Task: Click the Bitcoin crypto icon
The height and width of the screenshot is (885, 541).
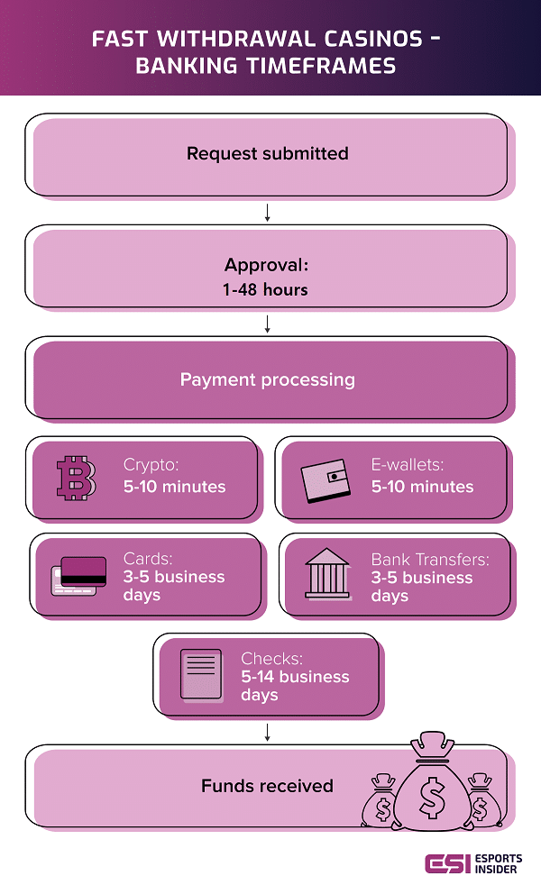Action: point(77,478)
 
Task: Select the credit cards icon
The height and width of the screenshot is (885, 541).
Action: point(79,577)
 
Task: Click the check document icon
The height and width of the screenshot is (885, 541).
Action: point(199,675)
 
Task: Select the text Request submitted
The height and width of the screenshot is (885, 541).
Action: point(267,153)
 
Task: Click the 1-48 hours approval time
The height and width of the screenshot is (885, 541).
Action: point(267,290)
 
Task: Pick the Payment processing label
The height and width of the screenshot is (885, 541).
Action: point(267,379)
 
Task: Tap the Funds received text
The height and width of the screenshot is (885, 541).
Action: point(267,786)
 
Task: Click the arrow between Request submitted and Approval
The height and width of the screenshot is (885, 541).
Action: point(268,213)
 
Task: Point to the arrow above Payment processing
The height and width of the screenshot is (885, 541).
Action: point(268,324)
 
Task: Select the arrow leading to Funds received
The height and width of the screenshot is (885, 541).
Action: point(268,731)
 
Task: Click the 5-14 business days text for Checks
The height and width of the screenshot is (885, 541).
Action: point(294,686)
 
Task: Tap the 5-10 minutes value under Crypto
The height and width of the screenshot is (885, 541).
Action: point(174,487)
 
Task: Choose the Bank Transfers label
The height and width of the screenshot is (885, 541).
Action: point(430,560)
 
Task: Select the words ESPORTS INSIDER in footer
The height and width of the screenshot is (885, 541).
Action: point(498,862)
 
